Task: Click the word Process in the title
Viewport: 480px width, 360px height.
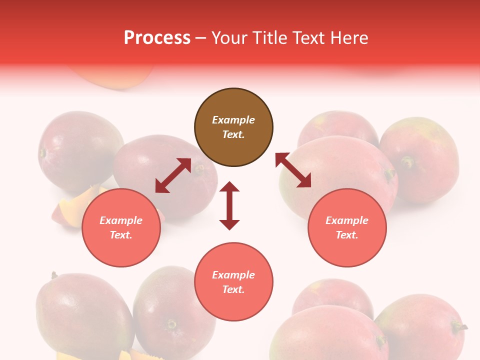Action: coord(157,38)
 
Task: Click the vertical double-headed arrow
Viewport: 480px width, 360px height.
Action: coord(229,205)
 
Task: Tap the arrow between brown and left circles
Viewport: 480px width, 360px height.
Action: coord(173,175)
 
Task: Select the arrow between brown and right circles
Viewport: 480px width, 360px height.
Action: coord(293,170)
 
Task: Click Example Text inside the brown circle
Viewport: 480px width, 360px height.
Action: coord(233,127)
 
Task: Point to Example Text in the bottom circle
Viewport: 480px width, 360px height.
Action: coord(233,282)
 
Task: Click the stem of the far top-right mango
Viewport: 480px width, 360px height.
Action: coord(408,161)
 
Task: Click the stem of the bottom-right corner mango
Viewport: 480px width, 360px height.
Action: coord(459,327)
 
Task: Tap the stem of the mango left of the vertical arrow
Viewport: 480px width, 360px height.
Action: coord(199,169)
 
